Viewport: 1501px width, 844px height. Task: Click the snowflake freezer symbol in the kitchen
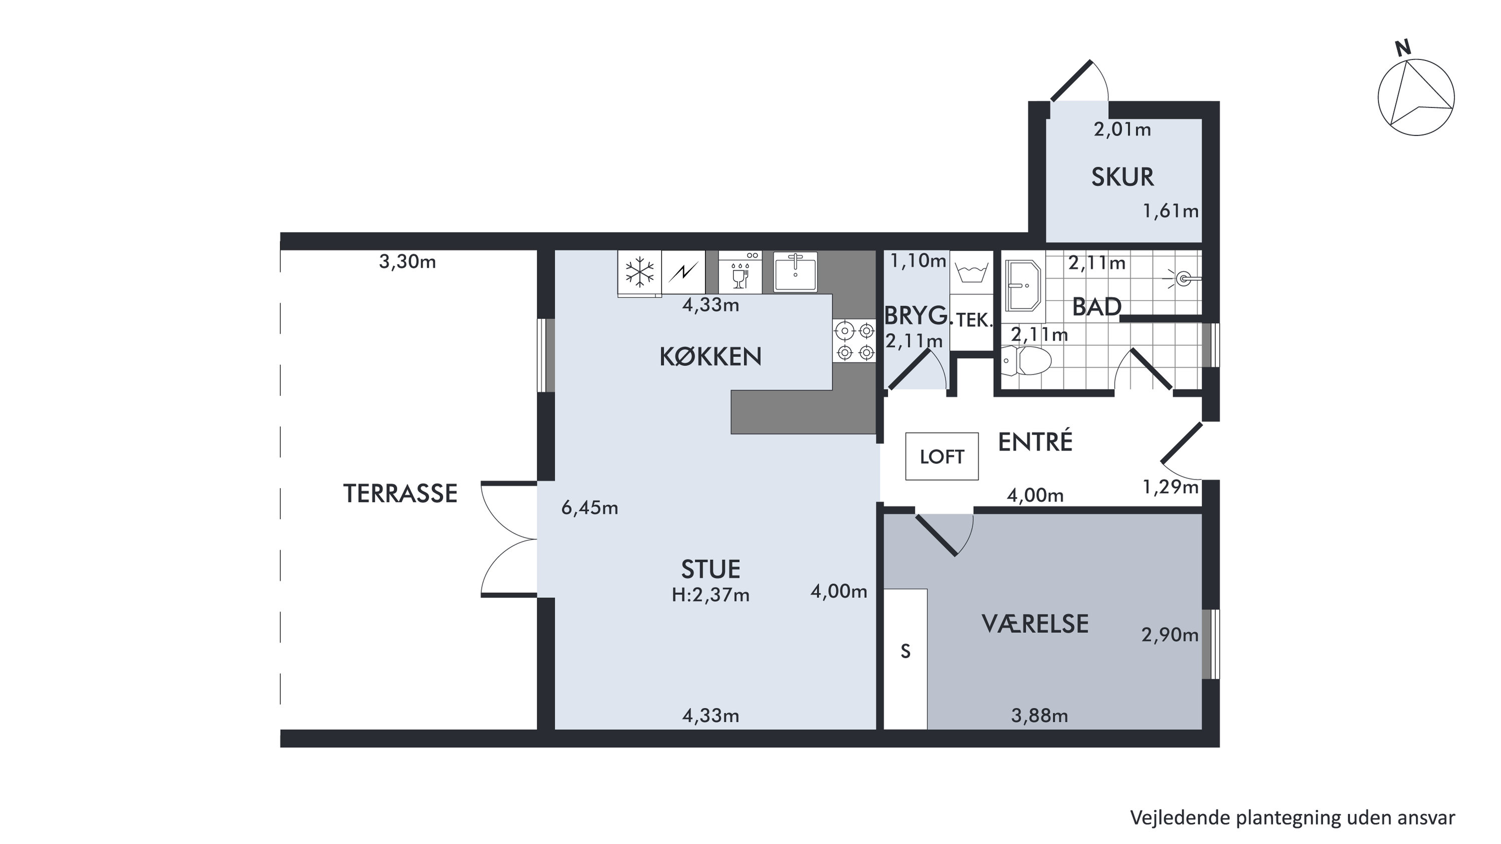(639, 272)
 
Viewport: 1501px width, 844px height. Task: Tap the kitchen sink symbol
(796, 271)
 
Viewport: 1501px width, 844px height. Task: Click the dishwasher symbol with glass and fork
(740, 272)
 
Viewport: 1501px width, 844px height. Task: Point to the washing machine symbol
(971, 272)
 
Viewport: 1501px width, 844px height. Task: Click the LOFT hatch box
(942, 456)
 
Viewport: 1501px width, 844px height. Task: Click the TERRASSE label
(400, 493)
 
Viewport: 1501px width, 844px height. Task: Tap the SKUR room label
(1122, 177)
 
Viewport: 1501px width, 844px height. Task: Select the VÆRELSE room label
(1035, 624)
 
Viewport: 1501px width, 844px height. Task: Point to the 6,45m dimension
(590, 508)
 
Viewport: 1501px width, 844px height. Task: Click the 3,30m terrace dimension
(407, 261)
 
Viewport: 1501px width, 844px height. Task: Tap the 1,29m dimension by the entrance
(1170, 487)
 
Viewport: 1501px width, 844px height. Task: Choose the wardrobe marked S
(906, 658)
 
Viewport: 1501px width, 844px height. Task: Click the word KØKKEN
(710, 356)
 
